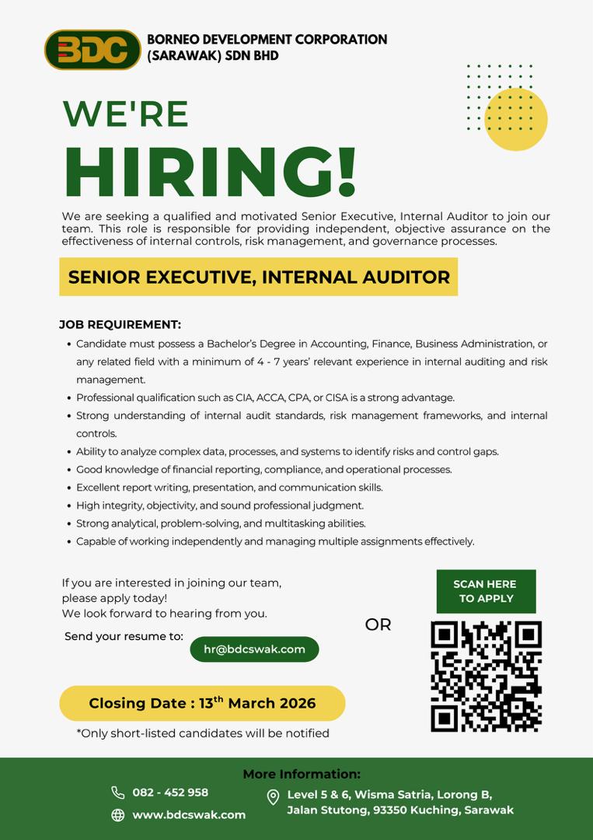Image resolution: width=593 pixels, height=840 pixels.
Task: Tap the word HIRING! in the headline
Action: tap(210, 173)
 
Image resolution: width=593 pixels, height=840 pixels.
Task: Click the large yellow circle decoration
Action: tap(515, 119)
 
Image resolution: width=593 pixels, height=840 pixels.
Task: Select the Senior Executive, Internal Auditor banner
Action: tap(259, 277)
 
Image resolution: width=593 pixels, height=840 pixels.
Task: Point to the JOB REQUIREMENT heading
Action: tap(120, 324)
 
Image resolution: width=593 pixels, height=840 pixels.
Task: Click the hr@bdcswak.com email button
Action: tap(254, 649)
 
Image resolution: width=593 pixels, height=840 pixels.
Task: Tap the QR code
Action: tap(486, 676)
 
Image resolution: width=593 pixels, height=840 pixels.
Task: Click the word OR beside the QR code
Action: tap(378, 625)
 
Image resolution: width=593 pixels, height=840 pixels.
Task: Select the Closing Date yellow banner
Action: tap(202, 703)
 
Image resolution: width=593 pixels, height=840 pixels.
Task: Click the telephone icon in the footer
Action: tap(118, 793)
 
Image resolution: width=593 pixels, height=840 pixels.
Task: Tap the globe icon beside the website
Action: tap(118, 815)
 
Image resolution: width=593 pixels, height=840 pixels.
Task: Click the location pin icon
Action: tap(273, 797)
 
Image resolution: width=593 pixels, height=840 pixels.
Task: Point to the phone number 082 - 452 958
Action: tap(170, 793)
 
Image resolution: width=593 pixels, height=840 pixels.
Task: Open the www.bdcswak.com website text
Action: tap(189, 815)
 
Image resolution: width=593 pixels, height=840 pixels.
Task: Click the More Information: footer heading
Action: tap(302, 774)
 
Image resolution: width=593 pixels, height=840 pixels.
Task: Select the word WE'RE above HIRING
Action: tap(126, 114)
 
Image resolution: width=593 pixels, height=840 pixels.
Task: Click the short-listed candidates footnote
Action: tap(203, 733)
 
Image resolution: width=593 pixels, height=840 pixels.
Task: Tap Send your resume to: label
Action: tap(124, 636)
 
